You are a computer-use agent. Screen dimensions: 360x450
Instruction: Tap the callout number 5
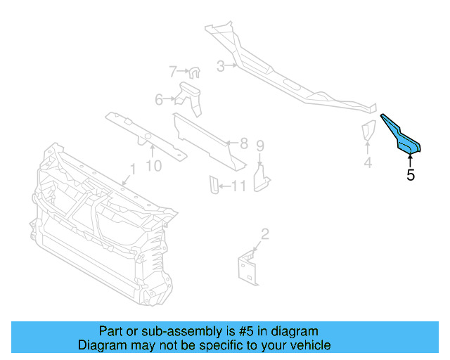coord(411,175)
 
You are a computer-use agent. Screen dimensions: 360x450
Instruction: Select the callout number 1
coord(131,169)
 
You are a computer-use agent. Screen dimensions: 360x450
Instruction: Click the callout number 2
coord(264,234)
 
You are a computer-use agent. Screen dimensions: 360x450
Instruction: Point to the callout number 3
coord(220,67)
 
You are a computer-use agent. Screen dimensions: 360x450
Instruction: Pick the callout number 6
coord(159,100)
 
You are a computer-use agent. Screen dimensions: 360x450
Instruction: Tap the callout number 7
coord(172,71)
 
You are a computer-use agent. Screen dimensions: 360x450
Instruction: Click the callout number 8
coord(243,144)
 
